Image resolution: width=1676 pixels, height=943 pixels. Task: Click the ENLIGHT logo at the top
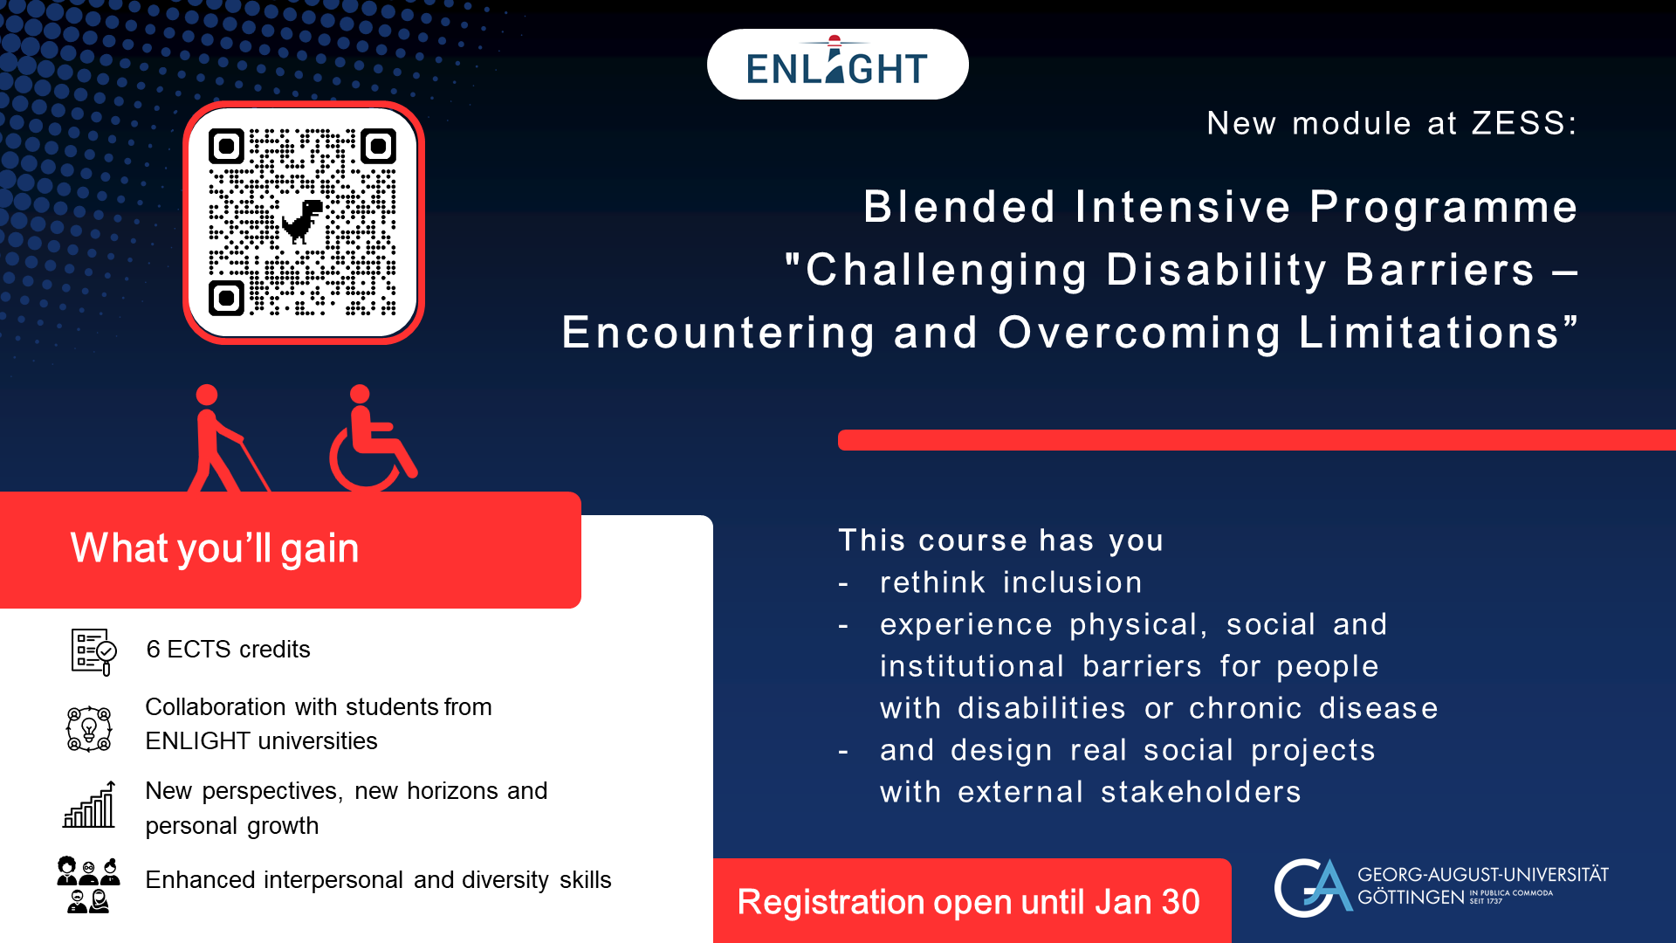[837, 64]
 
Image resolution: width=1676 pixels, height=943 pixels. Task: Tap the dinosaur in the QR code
[302, 222]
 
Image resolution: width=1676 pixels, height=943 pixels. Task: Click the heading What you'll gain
[215, 548]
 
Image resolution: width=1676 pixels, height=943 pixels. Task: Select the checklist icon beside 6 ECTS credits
[93, 651]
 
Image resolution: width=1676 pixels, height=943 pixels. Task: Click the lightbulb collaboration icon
[89, 728]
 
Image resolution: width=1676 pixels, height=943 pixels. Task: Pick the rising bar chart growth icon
[89, 804]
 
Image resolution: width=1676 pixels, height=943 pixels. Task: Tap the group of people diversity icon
[88, 884]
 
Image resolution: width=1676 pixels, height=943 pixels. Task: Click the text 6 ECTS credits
[228, 650]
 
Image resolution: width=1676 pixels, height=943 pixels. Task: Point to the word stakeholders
[1200, 792]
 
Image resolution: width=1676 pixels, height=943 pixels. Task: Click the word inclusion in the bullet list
[1073, 582]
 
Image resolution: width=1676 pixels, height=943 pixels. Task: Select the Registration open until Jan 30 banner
[972, 900]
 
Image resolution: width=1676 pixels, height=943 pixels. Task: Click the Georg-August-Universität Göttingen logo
[1441, 887]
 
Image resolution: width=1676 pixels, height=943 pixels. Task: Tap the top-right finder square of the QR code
[378, 147]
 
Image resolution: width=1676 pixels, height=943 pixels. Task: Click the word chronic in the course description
[1246, 708]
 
